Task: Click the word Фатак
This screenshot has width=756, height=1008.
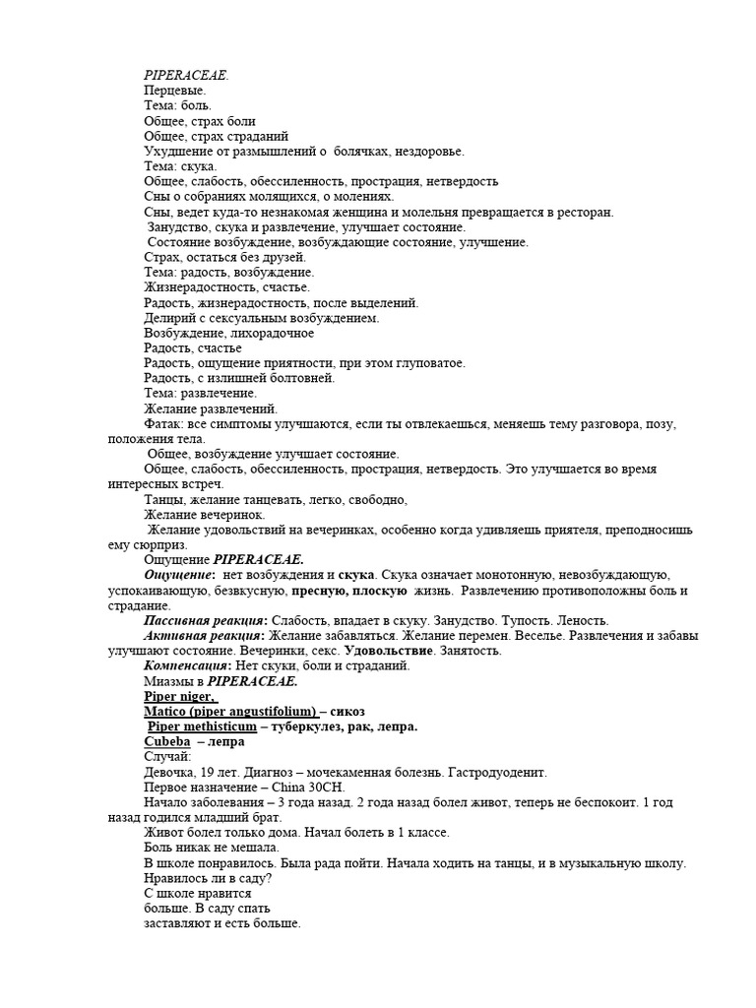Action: tap(163, 424)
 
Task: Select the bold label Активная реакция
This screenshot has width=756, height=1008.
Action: tap(200, 635)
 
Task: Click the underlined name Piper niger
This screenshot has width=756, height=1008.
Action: tap(180, 696)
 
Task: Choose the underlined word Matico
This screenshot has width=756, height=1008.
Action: tap(165, 711)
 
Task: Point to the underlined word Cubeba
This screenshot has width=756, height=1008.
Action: tap(167, 741)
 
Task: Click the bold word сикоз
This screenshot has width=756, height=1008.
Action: tap(351, 711)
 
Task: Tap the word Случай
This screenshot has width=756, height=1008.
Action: tap(167, 757)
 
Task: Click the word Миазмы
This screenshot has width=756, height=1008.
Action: tap(170, 681)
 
